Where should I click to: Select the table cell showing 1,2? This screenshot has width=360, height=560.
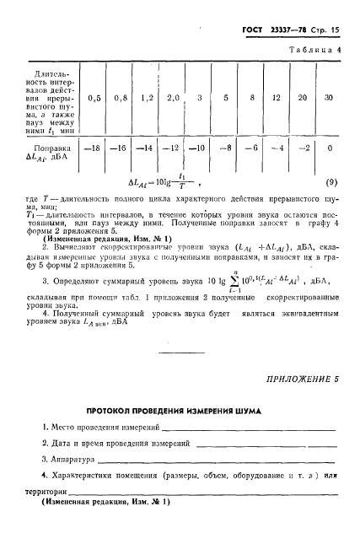click(x=148, y=98)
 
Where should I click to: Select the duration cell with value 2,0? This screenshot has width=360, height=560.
click(x=174, y=98)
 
